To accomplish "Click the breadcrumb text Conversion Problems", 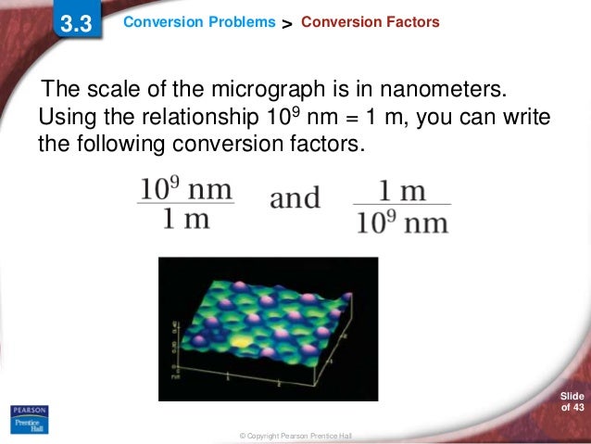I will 199,22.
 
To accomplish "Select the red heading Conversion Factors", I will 370,22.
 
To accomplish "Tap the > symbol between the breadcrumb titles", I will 287,23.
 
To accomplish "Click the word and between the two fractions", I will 295,198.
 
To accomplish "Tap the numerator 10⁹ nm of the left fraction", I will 185,189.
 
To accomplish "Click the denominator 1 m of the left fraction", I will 186,220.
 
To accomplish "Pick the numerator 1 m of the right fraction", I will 402,191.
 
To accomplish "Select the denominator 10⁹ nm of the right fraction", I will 403,223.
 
